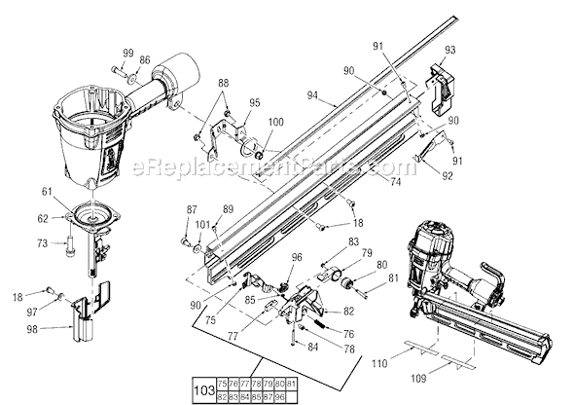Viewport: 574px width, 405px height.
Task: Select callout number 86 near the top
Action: (145, 60)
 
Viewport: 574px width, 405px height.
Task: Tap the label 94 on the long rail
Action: (312, 96)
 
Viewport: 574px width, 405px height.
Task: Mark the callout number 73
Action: (42, 241)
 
